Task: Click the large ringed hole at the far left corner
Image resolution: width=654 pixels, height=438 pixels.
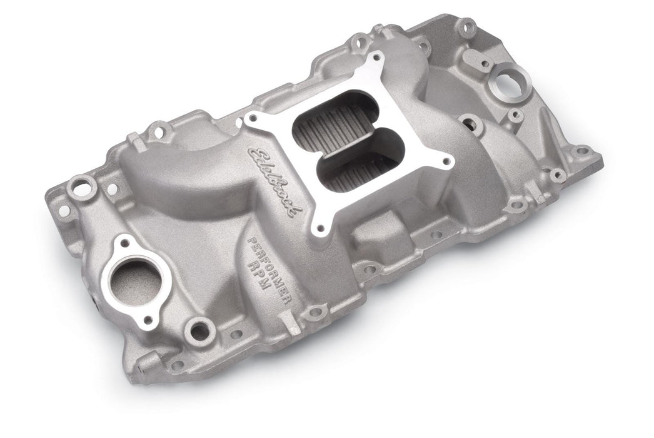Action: point(79,183)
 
